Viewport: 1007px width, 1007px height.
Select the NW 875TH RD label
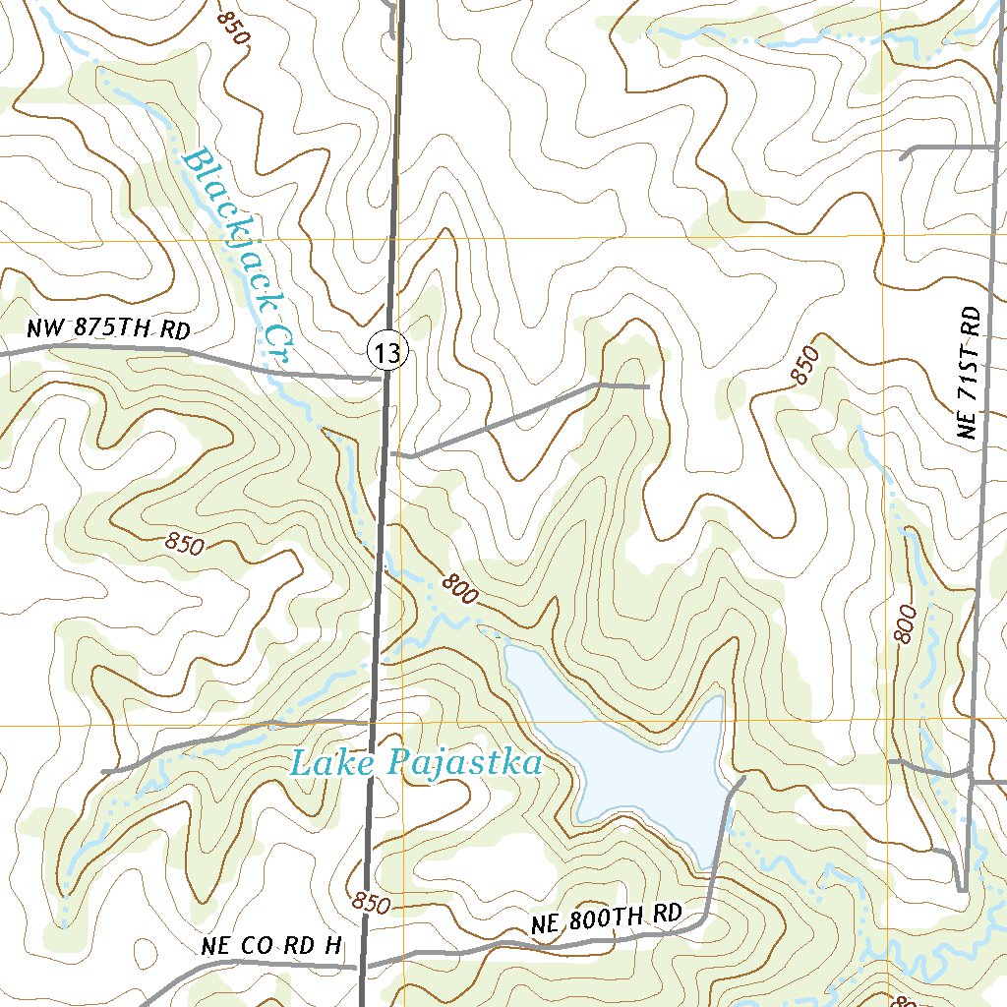tap(107, 330)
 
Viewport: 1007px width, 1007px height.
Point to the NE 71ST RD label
tap(972, 373)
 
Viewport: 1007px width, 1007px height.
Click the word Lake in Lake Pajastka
tap(333, 763)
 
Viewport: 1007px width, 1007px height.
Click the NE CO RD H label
tap(271, 946)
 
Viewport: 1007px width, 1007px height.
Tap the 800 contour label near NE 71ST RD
tap(906, 623)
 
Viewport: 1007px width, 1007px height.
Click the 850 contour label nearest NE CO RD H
tap(371, 902)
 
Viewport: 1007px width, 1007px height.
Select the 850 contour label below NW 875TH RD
tap(185, 543)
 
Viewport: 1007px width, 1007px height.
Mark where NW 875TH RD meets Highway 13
tap(382, 376)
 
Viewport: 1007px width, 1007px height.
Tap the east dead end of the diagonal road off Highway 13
tap(648, 386)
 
